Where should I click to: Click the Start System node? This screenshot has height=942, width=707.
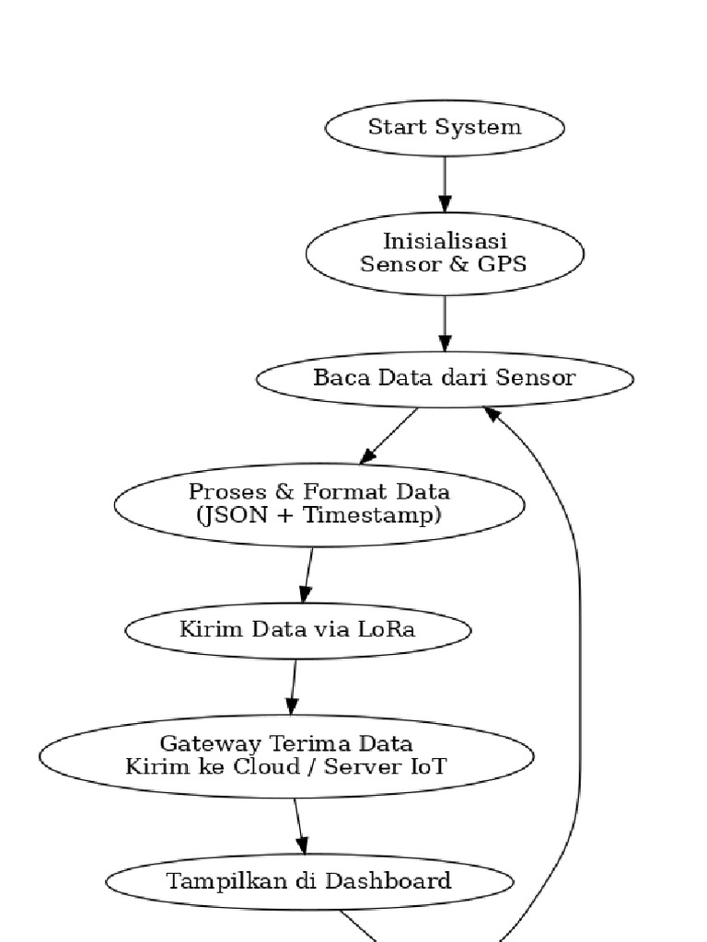(445, 128)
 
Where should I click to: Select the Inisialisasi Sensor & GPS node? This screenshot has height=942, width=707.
(445, 253)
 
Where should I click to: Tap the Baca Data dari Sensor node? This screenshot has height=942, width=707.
(445, 378)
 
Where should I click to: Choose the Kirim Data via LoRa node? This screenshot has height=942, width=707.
(297, 630)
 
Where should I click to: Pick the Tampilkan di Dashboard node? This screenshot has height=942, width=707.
(309, 881)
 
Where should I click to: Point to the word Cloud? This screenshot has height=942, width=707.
(271, 766)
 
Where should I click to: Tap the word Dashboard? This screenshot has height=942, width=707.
(398, 881)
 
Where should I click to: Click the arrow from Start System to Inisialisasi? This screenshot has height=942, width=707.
(445, 183)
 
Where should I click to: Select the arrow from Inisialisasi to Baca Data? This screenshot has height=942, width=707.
(445, 322)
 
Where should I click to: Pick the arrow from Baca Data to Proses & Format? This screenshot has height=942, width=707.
(388, 436)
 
